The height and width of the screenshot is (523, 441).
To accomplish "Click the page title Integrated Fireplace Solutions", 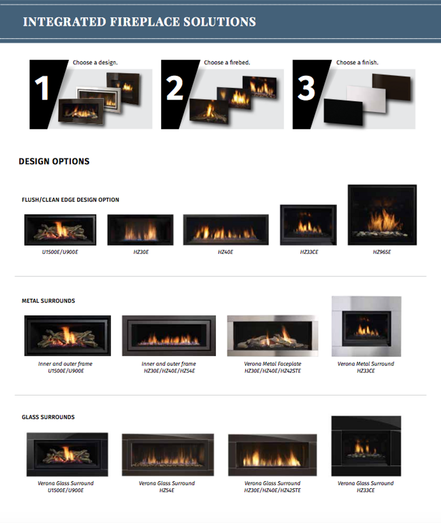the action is [139, 22].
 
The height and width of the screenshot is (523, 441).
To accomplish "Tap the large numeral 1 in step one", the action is [42, 88].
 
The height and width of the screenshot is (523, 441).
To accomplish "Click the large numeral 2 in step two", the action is [175, 88].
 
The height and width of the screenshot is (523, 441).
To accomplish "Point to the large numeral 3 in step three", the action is [306, 88].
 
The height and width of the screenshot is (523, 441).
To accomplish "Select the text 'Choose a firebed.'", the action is [227, 63].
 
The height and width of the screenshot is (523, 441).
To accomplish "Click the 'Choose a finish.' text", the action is [357, 63].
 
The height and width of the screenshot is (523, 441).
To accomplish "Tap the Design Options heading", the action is [54, 161].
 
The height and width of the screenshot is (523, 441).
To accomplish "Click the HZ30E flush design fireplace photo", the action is [140, 230].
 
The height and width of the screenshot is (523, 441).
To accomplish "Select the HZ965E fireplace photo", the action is [382, 215].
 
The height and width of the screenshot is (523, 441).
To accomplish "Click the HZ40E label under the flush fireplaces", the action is [225, 252].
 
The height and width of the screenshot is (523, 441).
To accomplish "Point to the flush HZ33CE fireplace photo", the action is [308, 225].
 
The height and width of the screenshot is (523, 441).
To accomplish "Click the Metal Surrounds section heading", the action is [48, 301].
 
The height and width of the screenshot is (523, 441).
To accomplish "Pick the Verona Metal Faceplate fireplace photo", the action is [273, 335].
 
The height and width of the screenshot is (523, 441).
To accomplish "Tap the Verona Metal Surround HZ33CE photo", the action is [366, 326].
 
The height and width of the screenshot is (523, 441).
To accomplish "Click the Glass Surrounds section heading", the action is [48, 417].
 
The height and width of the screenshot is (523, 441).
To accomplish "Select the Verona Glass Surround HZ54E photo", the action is [168, 455].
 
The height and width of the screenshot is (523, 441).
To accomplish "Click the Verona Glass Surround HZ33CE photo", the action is [366, 446].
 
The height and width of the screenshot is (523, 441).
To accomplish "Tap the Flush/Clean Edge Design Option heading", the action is [70, 200].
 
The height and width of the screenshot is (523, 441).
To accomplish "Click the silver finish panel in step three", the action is [366, 99].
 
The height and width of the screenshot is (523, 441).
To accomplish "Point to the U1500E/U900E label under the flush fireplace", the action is [60, 252].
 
